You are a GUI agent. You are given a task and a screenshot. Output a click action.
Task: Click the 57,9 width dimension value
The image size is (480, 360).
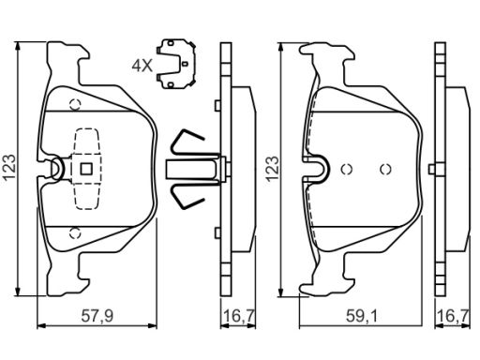coord(97,316)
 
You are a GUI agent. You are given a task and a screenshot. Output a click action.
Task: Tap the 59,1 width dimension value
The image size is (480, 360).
coord(362,316)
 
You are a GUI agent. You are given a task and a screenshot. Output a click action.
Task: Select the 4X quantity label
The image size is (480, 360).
coord(142,66)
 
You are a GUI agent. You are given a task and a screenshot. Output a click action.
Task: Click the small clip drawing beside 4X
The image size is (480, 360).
coord(176,64)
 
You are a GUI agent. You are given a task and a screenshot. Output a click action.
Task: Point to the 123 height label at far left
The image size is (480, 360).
coord(9,167)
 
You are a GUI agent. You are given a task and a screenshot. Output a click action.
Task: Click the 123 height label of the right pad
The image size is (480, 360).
coord(272,169)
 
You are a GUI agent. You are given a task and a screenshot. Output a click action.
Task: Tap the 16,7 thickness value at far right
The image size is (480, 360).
coord(454,316)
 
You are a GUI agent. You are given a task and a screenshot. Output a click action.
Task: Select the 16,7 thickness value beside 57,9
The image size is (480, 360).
coord(239,316)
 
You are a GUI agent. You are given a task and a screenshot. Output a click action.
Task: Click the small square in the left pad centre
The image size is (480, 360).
coord(86,169)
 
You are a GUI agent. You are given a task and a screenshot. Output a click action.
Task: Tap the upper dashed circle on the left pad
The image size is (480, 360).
coord(75,104)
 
